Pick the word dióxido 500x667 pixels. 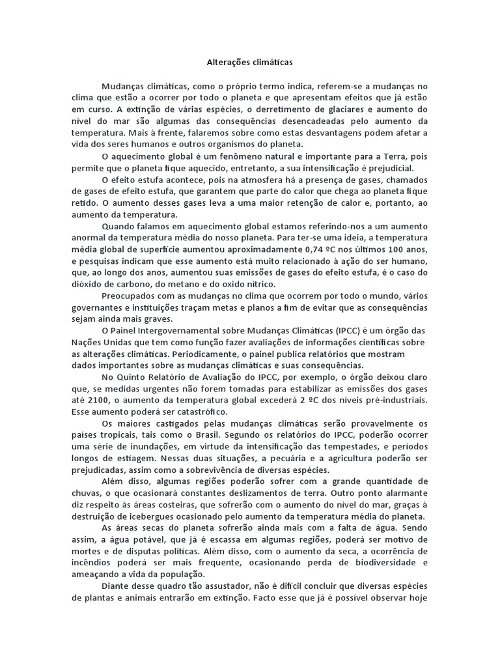click(x=87, y=285)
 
